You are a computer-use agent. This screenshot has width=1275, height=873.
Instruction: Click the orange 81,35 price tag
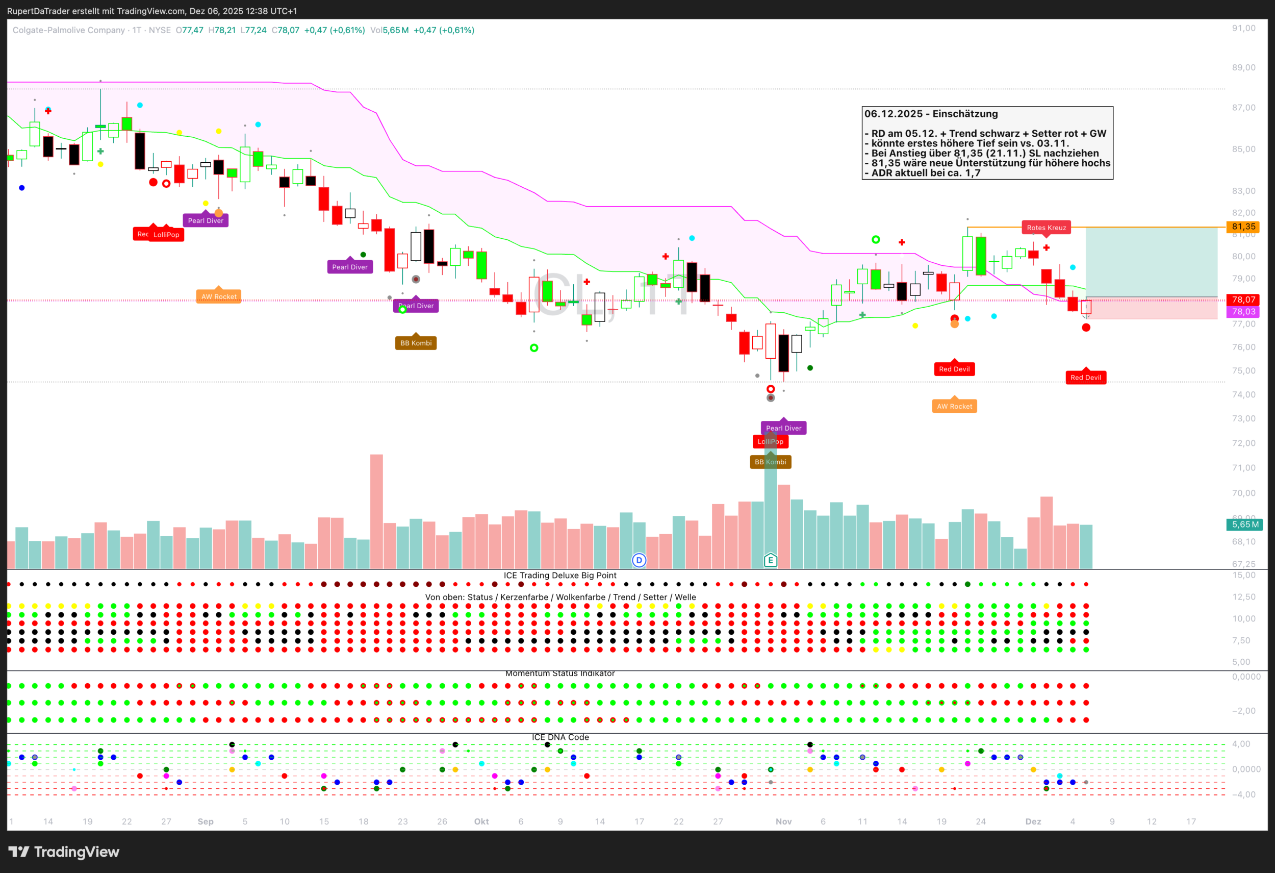[x=1243, y=227]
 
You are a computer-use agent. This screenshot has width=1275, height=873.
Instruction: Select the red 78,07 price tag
[x=1243, y=300]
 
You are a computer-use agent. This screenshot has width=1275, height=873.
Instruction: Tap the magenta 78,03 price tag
[x=1243, y=312]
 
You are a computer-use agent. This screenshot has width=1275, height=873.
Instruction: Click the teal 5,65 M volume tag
[x=1244, y=525]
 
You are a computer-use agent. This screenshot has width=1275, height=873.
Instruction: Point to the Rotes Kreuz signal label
[x=1046, y=228]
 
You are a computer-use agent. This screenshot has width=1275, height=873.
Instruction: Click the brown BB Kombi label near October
[x=416, y=343]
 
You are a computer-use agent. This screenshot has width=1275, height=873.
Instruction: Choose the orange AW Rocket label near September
[x=219, y=297]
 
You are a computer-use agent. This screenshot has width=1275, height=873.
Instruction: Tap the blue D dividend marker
[x=639, y=560]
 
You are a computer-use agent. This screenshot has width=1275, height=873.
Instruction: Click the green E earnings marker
[x=770, y=560]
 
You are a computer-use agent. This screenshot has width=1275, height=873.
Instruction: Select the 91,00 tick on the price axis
[x=1243, y=28]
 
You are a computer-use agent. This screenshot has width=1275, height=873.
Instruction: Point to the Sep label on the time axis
[x=205, y=821]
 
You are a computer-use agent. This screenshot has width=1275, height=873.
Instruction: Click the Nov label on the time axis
[x=783, y=821]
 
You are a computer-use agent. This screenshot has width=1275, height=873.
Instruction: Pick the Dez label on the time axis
[x=1033, y=821]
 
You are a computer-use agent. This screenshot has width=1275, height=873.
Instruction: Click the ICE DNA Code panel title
[x=560, y=737]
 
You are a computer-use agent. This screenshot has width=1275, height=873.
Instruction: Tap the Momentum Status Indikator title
[x=559, y=674]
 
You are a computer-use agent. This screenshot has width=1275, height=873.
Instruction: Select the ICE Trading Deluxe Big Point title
[x=559, y=575]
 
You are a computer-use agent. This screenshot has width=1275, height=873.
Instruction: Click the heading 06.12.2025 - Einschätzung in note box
[x=931, y=114]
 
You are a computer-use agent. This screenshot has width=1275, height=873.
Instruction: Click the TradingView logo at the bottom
[x=64, y=852]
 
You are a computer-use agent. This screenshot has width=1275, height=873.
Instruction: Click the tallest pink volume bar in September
[x=376, y=510]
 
